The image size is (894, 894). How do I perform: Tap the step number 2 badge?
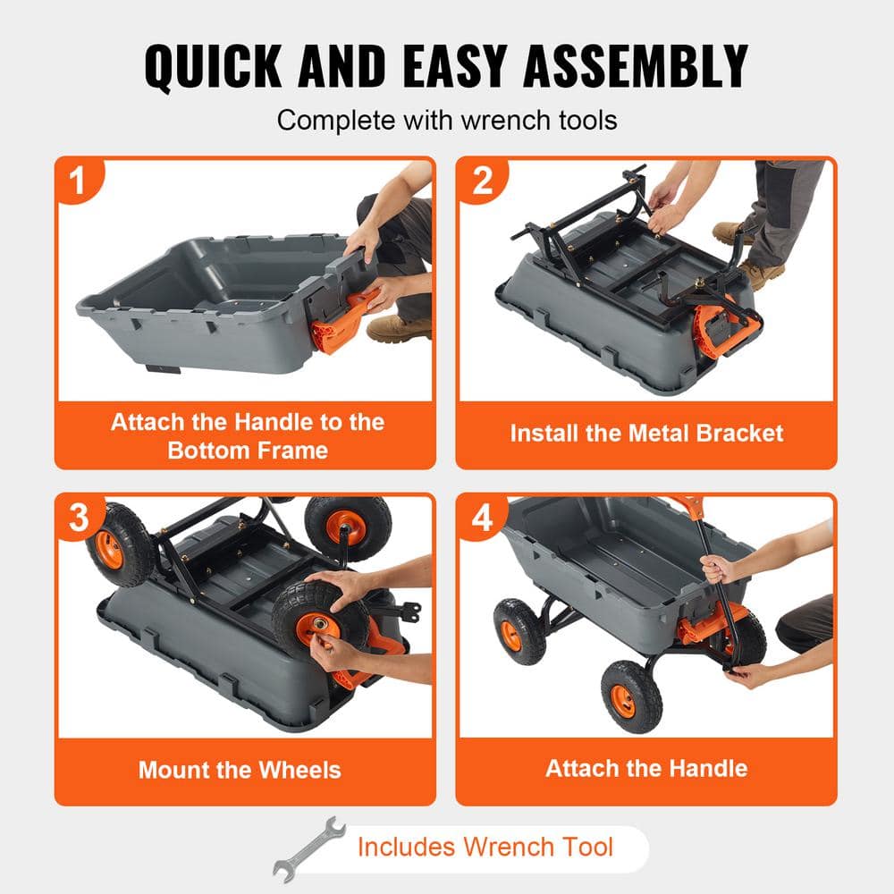pos(483,181)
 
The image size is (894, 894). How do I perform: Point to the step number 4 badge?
pos(483,519)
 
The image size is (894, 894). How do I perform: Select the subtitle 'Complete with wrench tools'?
pos(447,120)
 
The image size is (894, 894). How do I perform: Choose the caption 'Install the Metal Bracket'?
pos(646,434)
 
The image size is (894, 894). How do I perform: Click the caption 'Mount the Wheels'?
pos(240,769)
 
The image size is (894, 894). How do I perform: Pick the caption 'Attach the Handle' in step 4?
pos(646,768)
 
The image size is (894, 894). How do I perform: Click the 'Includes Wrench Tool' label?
pos(485,846)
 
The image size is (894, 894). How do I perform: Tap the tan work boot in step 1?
pos(399,329)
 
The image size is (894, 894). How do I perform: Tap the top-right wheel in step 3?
pos(348,527)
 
